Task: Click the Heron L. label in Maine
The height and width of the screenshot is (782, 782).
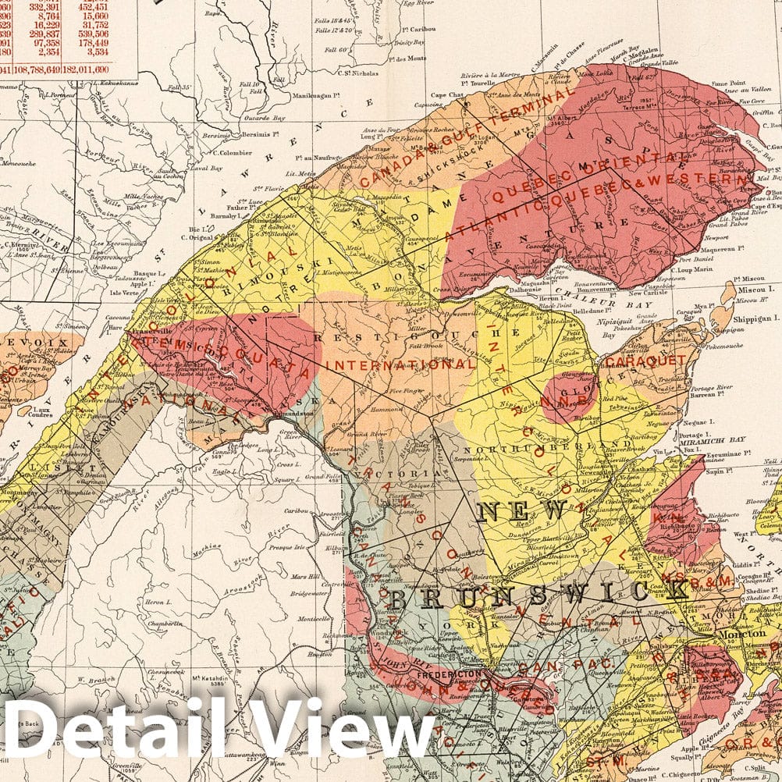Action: [158, 602]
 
